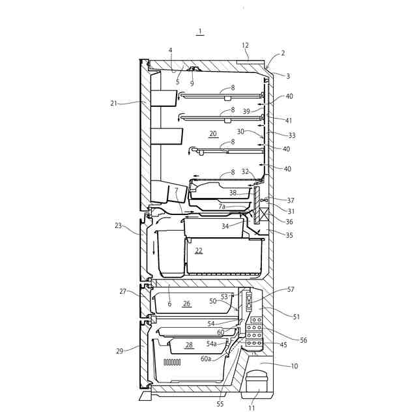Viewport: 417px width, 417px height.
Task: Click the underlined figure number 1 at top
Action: [x=200, y=32]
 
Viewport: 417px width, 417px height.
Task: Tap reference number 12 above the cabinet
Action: [x=245, y=46]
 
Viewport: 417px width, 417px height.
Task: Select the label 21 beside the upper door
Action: [x=114, y=103]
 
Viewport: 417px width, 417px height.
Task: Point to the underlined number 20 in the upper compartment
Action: [x=213, y=134]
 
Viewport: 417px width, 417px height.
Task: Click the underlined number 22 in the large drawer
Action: [x=199, y=250]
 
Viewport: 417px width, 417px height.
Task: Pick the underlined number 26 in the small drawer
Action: [x=187, y=304]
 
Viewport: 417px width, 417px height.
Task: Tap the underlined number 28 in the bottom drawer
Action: [x=189, y=345]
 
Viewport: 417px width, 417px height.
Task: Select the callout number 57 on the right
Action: [x=291, y=289]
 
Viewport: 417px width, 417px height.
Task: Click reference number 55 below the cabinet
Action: [x=220, y=404]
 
